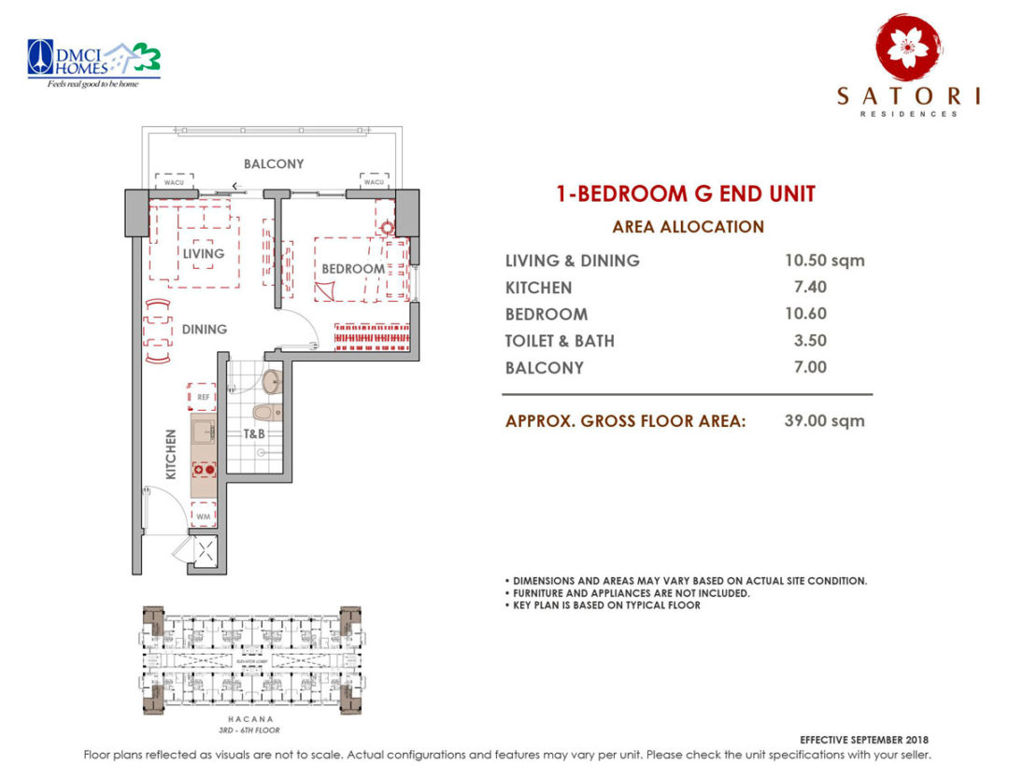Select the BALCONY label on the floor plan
274,163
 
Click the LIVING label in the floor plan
203,253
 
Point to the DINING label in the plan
205,329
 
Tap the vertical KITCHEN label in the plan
171,454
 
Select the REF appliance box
203,397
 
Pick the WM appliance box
203,516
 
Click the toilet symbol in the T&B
265,413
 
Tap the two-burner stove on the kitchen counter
204,468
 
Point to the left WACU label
174,182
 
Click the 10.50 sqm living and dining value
824,261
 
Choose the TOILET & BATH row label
560,341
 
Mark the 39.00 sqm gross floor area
824,421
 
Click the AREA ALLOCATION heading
688,227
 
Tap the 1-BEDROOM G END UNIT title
686,194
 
